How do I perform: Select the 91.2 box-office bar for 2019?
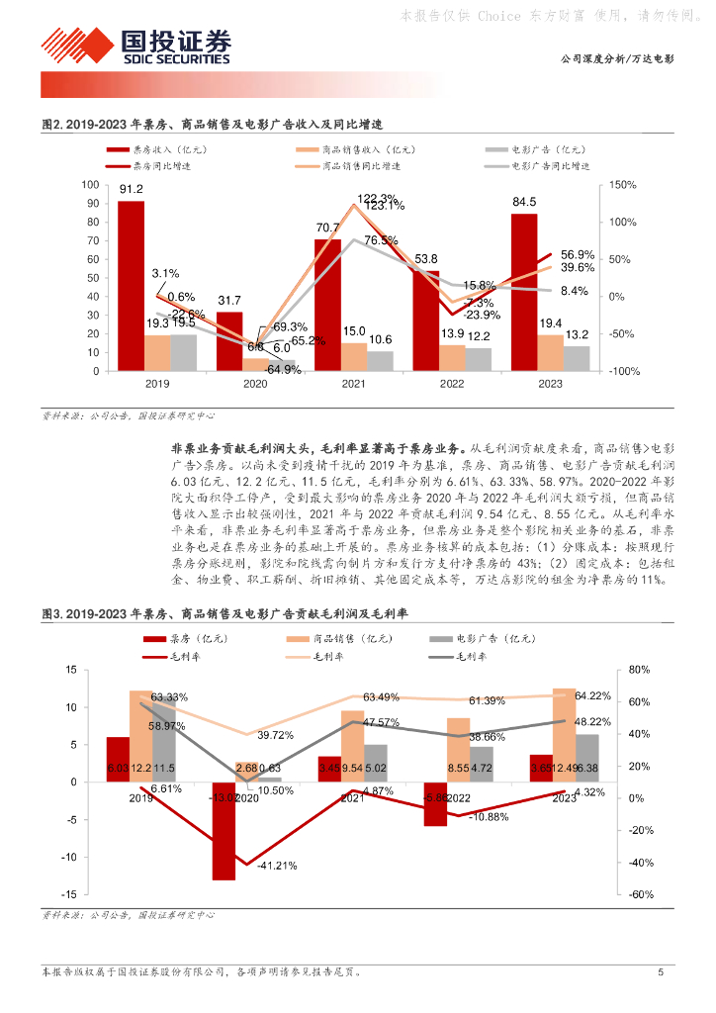coord(131,286)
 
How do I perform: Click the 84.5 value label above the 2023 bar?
coord(524,203)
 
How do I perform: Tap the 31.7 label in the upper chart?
coord(229,301)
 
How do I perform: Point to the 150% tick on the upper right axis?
coord(624,185)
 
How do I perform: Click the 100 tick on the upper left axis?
coord(91,185)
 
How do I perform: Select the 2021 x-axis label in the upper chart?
coord(354,384)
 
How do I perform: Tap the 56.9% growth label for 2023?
coord(577,254)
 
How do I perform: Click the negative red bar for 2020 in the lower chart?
coord(224,830)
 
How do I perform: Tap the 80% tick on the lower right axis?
coord(640,670)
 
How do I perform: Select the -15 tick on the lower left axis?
coord(69,893)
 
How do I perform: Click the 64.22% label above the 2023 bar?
coord(580,695)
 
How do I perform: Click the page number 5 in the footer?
coord(661,972)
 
